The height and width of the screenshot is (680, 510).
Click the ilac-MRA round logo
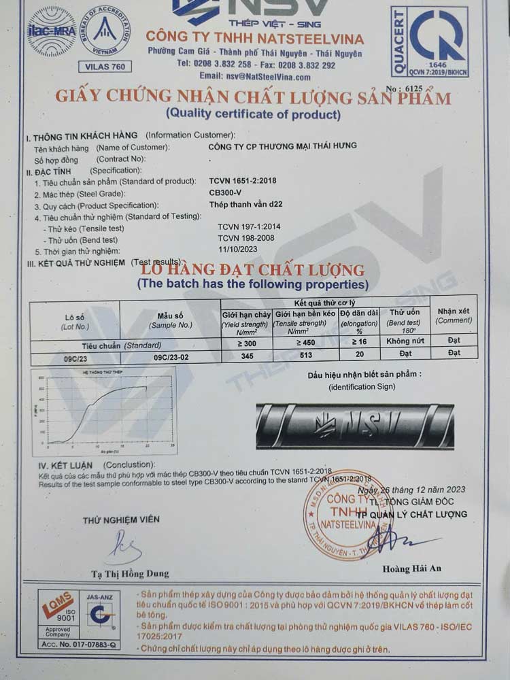52,31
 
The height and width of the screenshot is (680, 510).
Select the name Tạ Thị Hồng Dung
130,573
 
